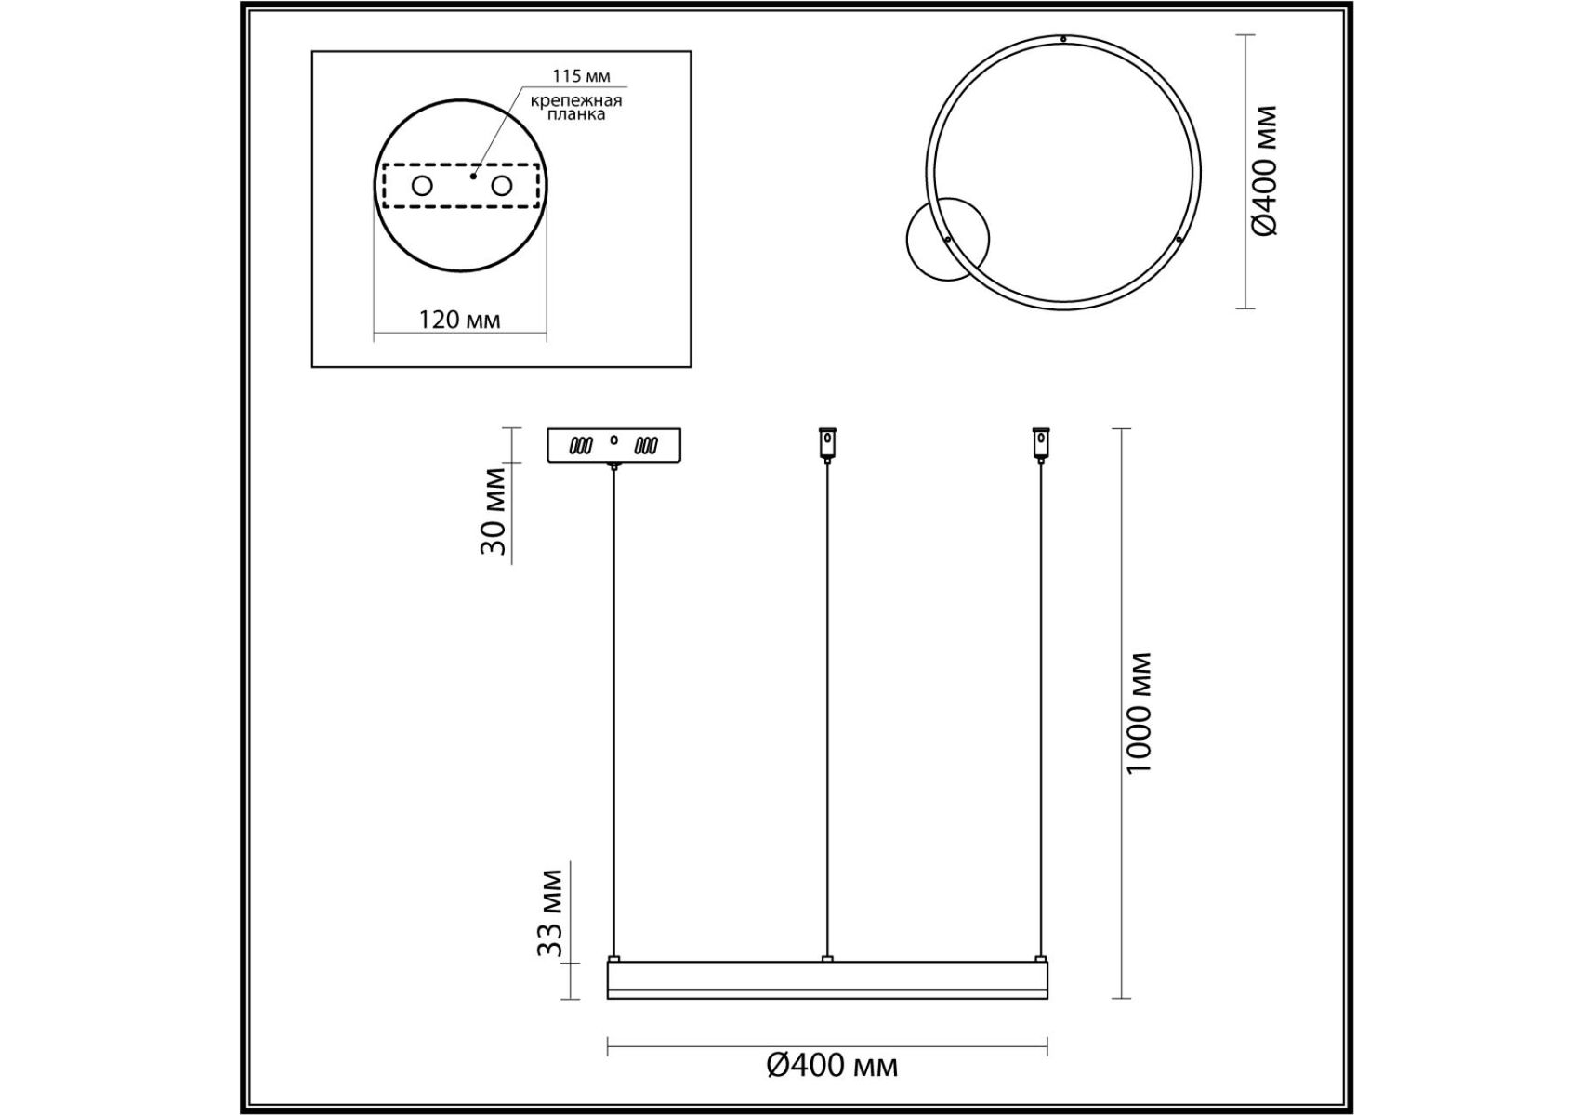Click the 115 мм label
581,76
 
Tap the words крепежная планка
576,107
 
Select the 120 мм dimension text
459,321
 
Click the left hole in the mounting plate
422,186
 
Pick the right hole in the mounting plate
502,186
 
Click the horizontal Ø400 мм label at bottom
832,1065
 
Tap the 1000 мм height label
1139,713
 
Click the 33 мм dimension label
550,912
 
